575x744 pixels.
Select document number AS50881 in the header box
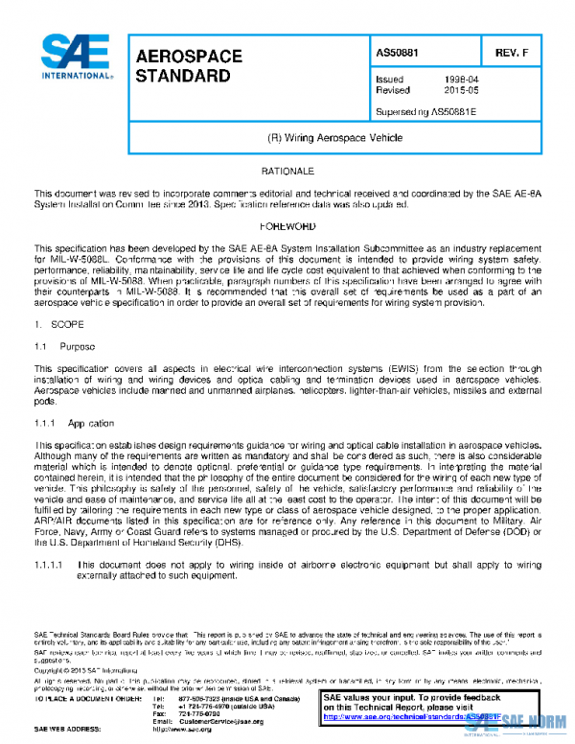click(398, 53)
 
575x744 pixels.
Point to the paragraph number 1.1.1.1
click(49, 566)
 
